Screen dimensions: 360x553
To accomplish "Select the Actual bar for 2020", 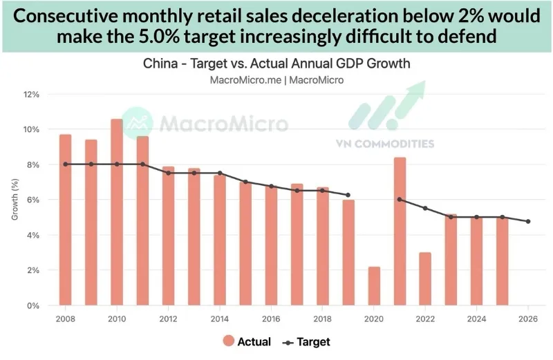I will pyautogui.click(x=374, y=286).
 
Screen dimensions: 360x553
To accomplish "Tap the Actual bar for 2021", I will pyautogui.click(x=400, y=231).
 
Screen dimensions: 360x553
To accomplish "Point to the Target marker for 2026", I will pyautogui.click(x=528, y=221).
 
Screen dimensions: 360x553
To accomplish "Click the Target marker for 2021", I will pyautogui.click(x=400, y=200).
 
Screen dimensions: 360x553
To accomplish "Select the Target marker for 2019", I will pyautogui.click(x=348, y=195).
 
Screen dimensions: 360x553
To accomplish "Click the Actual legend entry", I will pyautogui.click(x=246, y=341).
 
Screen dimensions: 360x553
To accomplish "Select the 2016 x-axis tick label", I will pyautogui.click(x=271, y=319).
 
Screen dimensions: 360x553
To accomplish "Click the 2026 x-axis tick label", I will pyautogui.click(x=528, y=319).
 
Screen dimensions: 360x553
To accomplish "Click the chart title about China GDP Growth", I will pyautogui.click(x=276, y=64).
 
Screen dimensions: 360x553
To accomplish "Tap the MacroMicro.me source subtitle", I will pyautogui.click(x=276, y=80).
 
